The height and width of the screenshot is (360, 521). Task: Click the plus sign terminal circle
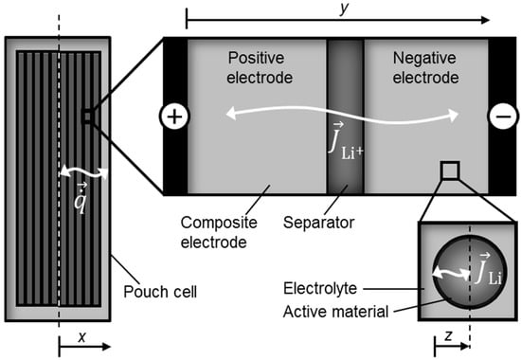[x=177, y=116]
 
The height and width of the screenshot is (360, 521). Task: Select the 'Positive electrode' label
[x=261, y=65]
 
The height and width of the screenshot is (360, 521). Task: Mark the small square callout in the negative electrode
[x=451, y=170]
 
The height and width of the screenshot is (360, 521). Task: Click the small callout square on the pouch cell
[x=86, y=116]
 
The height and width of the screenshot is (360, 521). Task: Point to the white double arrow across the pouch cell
[x=81, y=172]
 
